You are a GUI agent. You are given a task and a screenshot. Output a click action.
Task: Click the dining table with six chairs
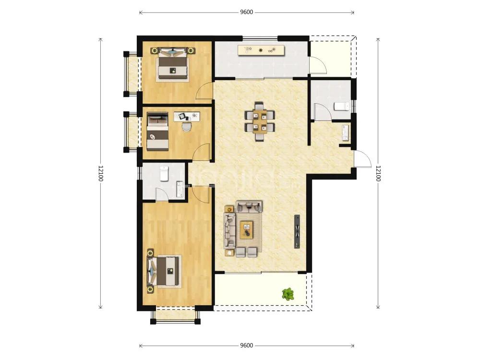(x=260, y=121)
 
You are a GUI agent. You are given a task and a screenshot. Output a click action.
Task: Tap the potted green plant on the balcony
(x=288, y=294)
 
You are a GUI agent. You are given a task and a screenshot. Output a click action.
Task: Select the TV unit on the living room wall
(x=297, y=231)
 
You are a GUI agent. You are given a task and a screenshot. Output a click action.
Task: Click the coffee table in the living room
(x=247, y=229)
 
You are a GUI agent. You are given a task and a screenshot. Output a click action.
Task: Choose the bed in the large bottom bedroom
(x=164, y=271)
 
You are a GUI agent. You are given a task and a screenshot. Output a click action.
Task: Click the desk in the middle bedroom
(x=187, y=117)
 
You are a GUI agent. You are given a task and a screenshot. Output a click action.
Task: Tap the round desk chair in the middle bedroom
(x=186, y=126)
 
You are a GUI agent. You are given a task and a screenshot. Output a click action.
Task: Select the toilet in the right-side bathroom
(x=341, y=106)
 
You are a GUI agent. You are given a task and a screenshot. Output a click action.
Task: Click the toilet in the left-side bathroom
(x=164, y=174)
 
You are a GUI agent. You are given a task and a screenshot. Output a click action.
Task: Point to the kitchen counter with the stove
(x=262, y=50)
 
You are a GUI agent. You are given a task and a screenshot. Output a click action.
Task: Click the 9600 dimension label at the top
(x=246, y=12)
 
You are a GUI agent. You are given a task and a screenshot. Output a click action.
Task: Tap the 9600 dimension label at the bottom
(x=246, y=345)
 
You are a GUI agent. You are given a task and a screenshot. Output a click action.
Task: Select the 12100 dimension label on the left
(x=100, y=173)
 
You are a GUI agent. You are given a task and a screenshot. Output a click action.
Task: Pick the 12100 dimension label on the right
(x=378, y=173)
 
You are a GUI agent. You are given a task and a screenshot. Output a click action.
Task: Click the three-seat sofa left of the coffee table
(x=229, y=230)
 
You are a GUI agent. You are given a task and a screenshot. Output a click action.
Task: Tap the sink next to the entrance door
(x=346, y=132)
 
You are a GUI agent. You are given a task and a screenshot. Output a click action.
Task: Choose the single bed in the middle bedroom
(x=157, y=132)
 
